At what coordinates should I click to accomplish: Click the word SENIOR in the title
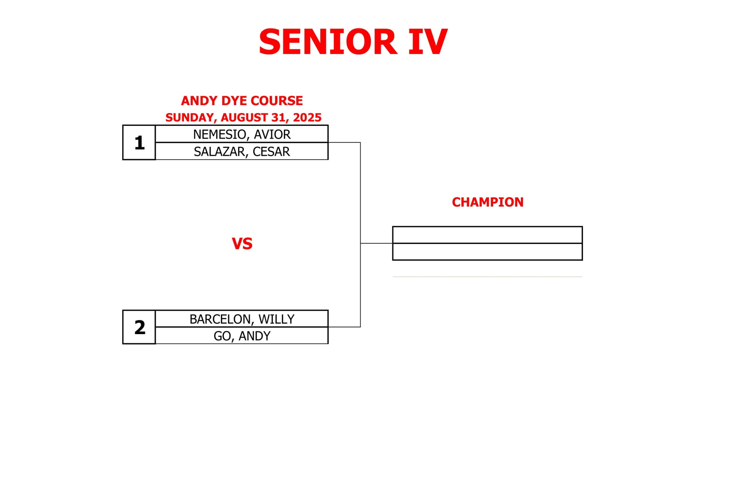328,42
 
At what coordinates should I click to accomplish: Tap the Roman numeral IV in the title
428,42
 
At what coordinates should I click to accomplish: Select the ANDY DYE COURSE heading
242,101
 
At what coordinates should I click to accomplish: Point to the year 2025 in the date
307,117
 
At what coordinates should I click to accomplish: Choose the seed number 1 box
139,143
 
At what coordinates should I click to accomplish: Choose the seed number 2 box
139,327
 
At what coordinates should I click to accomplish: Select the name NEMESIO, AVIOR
242,134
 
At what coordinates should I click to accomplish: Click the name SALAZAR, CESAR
242,151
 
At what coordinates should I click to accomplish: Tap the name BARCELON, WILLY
242,319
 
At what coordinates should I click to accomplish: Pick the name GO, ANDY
242,336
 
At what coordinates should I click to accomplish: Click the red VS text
242,244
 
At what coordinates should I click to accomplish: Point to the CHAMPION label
488,202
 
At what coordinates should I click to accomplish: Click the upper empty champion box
488,235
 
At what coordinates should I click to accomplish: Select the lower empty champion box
488,252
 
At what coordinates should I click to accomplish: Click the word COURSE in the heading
277,101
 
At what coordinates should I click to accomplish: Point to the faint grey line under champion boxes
488,277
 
